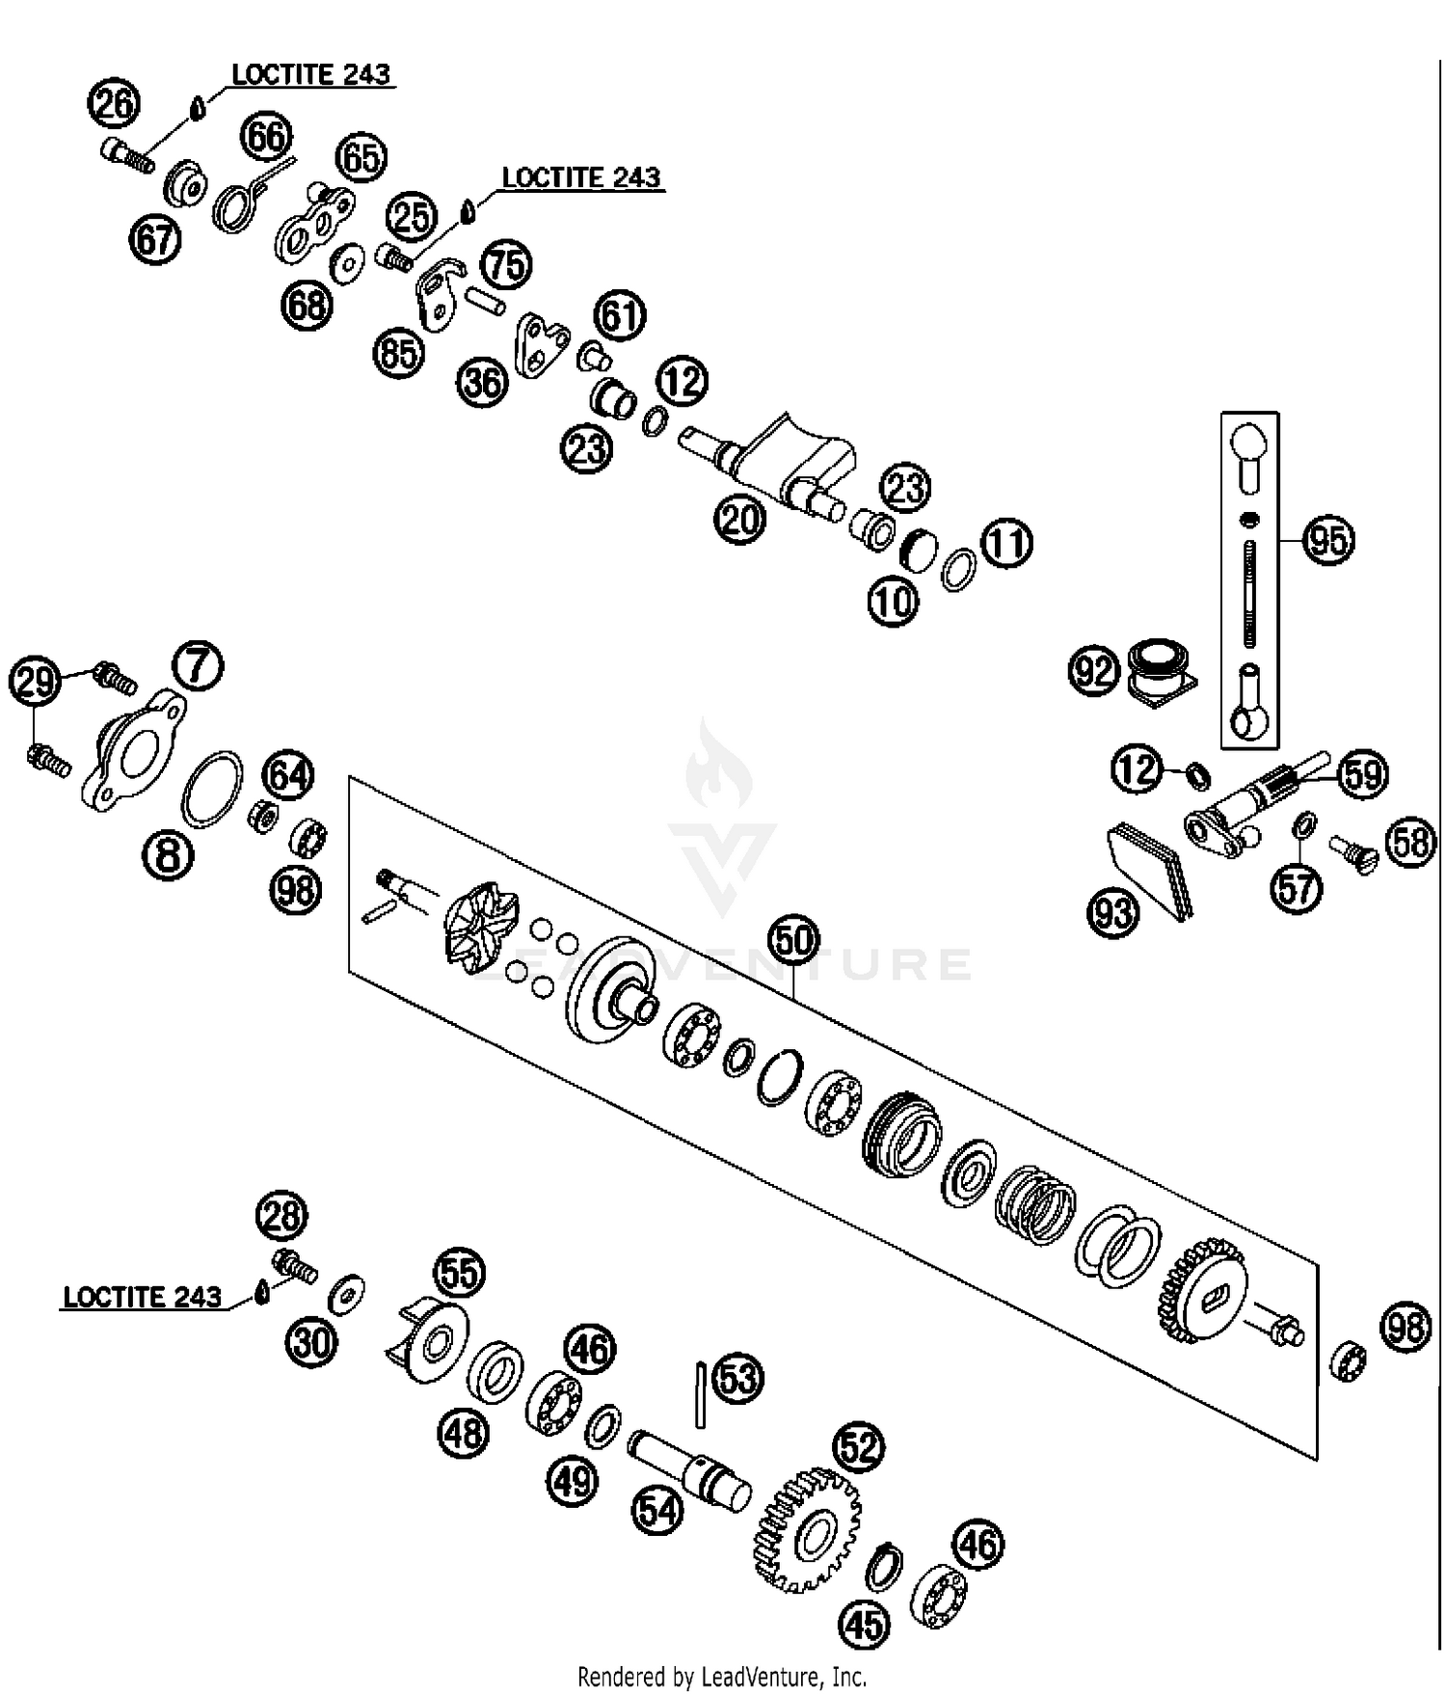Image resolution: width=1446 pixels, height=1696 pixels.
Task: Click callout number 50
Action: coord(793,940)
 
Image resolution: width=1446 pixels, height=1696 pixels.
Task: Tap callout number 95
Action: coord(1327,540)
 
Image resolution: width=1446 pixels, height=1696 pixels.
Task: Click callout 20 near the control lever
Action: coord(739,520)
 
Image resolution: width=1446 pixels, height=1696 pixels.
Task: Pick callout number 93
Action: coord(1113,911)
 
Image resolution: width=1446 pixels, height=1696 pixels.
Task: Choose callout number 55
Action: coord(460,1274)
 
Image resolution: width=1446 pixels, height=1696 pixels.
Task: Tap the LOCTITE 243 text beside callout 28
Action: coord(143,1297)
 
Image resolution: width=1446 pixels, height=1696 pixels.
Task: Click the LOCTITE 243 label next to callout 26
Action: coord(310,75)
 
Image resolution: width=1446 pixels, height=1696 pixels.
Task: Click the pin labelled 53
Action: coord(701,1394)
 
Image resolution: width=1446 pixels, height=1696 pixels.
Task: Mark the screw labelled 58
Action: coord(1353,852)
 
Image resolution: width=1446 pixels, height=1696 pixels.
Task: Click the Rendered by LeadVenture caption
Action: coord(722,1676)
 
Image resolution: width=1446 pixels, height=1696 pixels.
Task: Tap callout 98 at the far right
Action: coord(1406,1328)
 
